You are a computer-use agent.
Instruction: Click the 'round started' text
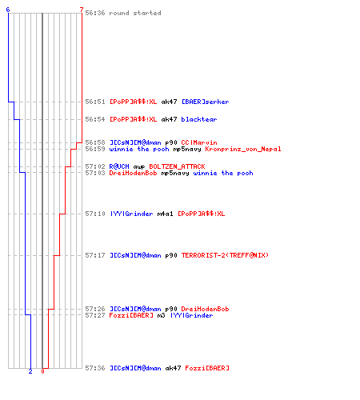point(135,13)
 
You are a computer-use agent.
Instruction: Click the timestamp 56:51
point(95,102)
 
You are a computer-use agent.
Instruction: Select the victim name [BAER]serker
point(205,102)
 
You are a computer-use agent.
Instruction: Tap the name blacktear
point(199,119)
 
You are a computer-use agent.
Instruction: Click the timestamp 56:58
point(95,142)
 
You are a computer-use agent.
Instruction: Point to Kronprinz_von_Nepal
point(243,149)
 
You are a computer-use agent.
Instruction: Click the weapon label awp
point(139,167)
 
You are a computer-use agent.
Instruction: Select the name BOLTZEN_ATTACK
point(177,166)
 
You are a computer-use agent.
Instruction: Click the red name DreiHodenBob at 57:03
point(133,173)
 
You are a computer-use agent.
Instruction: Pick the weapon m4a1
point(165,214)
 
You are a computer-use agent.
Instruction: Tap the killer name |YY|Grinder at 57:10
point(131,214)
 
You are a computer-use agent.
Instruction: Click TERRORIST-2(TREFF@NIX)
point(225,255)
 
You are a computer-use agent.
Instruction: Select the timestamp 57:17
point(95,255)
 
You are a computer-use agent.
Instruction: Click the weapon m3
point(161,315)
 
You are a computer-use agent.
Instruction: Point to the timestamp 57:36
point(95,368)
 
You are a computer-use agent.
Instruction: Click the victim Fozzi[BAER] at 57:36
point(207,368)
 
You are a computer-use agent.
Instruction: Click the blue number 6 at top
point(8,10)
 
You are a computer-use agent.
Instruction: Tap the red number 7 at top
point(82,10)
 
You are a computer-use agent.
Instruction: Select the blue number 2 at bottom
point(30,371)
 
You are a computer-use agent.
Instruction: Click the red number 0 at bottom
point(42,371)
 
